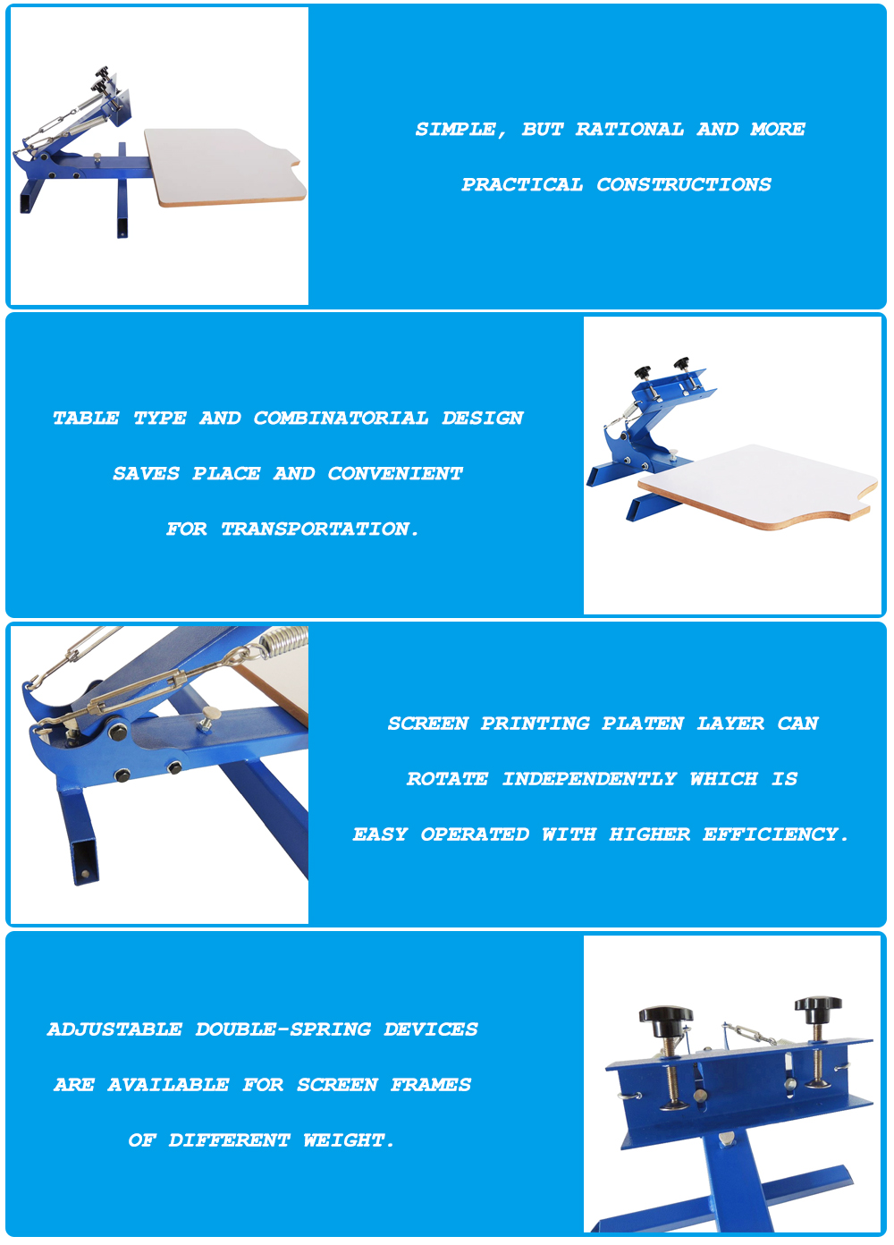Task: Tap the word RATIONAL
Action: [x=629, y=129]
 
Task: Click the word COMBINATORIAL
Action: [x=341, y=418]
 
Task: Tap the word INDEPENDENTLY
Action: [x=589, y=779]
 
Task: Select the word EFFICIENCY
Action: [x=775, y=834]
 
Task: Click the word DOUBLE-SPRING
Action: [x=283, y=1029]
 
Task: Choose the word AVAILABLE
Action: [x=168, y=1084]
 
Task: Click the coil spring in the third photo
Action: [x=283, y=641]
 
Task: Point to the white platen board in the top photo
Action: [x=224, y=166]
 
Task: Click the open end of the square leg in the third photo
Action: [x=84, y=861]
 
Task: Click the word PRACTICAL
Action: [x=522, y=184]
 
